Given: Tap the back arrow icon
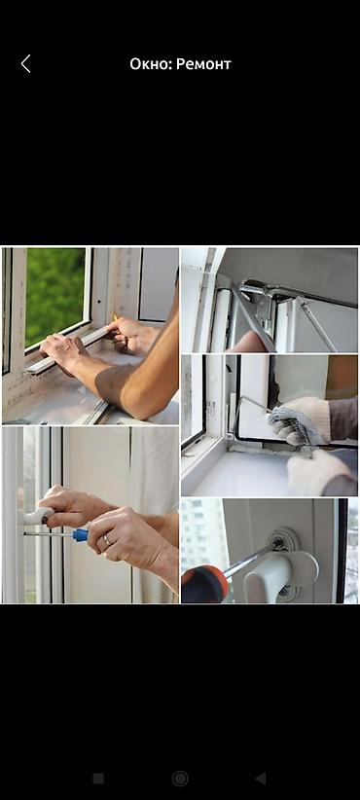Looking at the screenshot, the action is (25, 64).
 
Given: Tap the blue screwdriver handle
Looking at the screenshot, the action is (81, 534).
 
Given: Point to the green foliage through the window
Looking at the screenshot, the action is (55, 295).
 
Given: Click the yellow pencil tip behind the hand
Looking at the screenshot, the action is (115, 317).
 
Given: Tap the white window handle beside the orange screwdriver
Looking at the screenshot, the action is (275, 570).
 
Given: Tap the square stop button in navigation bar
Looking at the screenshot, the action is (98, 778).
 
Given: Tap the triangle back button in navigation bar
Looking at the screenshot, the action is (260, 778).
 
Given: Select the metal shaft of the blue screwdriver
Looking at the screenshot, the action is (49, 533).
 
